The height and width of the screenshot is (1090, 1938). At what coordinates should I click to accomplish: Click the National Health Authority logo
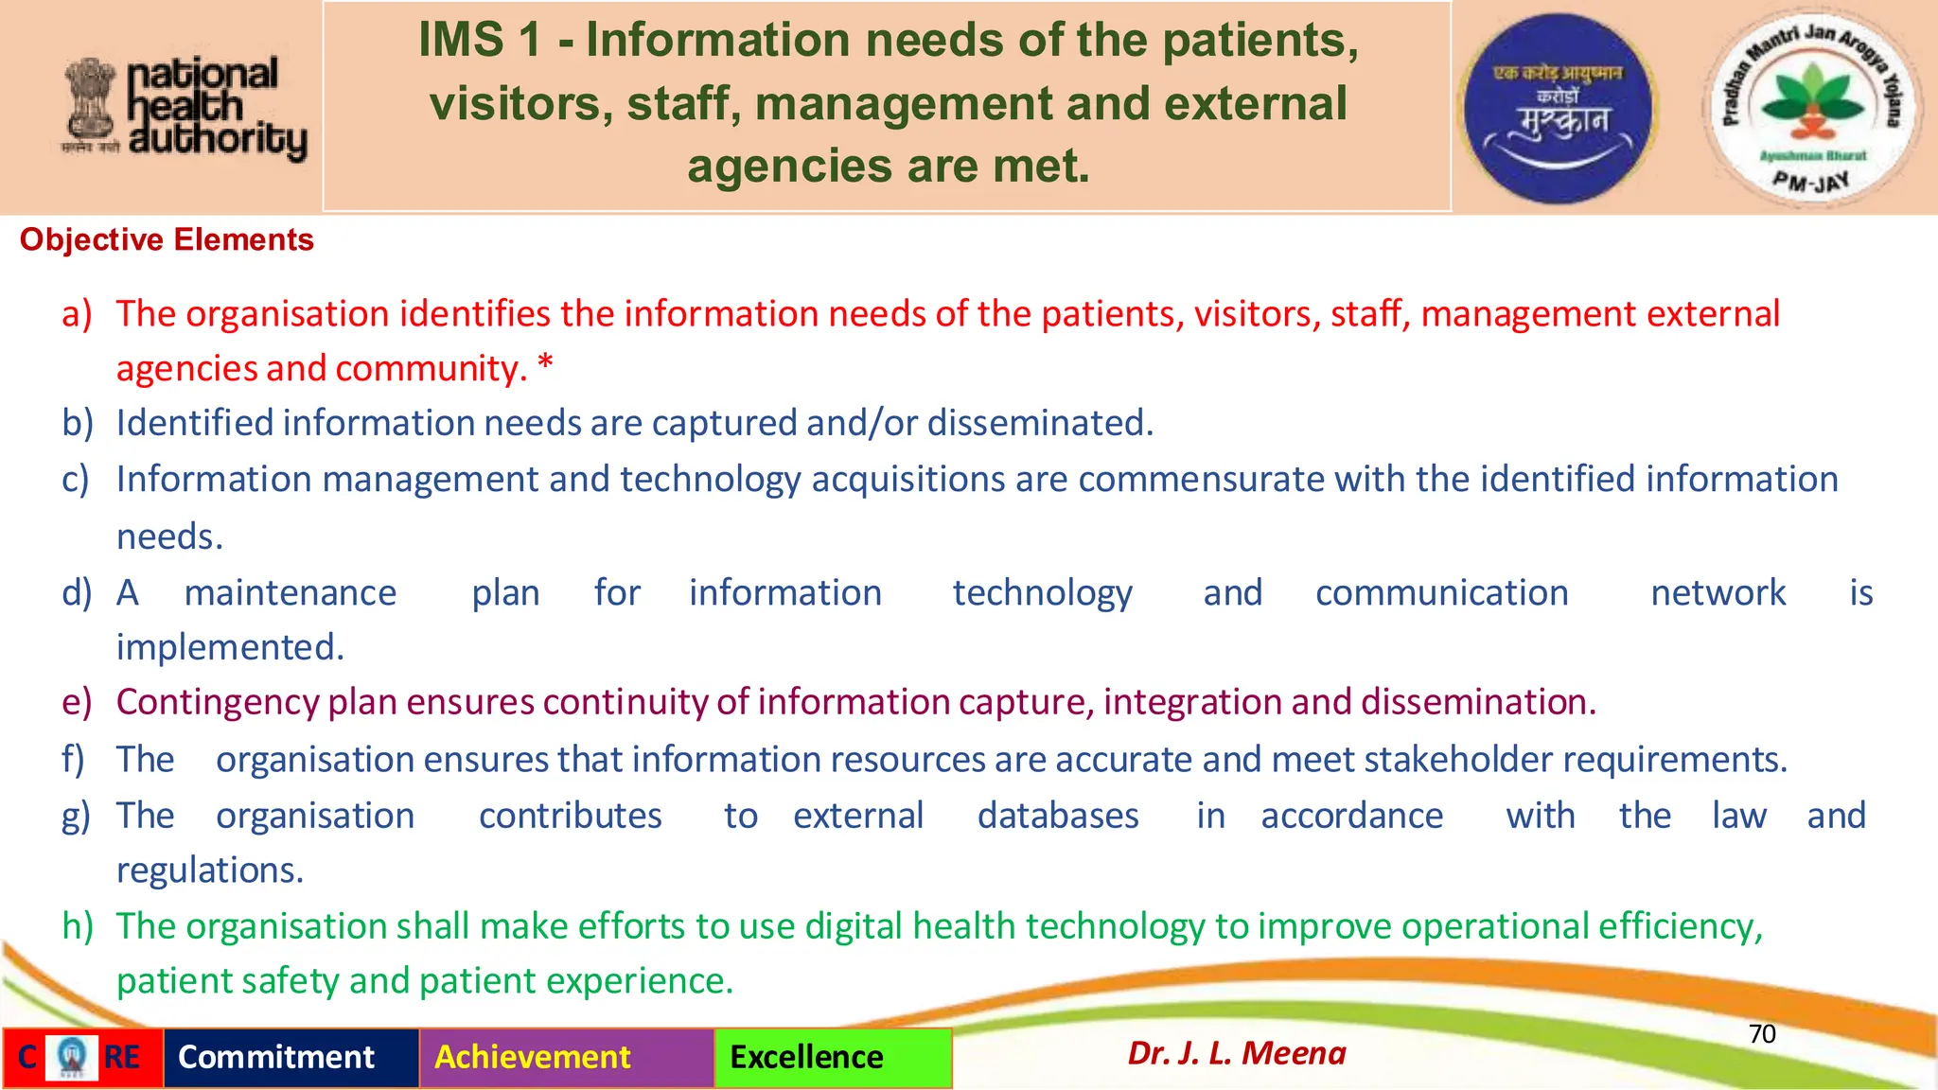(185, 107)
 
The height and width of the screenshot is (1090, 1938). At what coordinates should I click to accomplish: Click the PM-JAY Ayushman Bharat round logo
(1809, 106)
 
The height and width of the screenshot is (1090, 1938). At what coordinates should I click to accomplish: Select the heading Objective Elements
(167, 240)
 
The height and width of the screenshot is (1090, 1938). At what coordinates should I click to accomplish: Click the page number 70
(1761, 1033)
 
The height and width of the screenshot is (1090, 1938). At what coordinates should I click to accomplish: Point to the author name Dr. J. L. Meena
(1236, 1053)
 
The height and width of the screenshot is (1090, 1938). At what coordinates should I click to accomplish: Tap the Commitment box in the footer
(276, 1057)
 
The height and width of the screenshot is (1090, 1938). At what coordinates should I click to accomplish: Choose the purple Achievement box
(533, 1057)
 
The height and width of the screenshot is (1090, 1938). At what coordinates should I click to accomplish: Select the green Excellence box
(806, 1057)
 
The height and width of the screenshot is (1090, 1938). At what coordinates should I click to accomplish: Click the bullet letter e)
(77, 702)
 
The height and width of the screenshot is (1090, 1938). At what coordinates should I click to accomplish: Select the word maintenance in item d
(291, 593)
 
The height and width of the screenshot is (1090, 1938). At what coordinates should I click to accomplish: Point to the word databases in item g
(1058, 816)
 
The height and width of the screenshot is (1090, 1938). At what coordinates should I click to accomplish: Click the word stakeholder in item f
(1458, 760)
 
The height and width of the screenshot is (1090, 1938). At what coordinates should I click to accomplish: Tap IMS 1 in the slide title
(480, 41)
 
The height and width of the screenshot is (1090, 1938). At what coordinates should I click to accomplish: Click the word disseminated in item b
(1040, 423)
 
